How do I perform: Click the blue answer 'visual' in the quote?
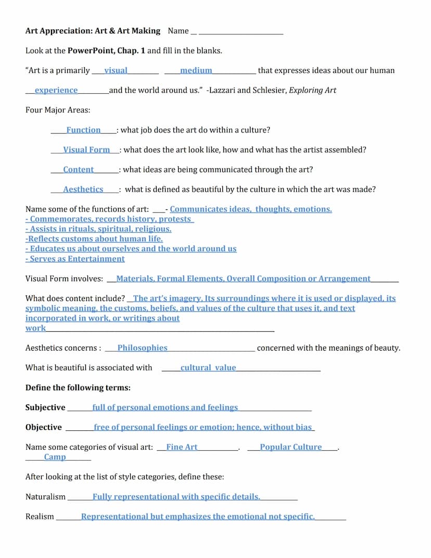point(116,70)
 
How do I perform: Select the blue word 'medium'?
point(196,70)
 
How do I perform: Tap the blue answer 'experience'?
point(56,90)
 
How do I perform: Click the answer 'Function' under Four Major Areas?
point(83,130)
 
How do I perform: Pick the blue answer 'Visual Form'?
point(86,150)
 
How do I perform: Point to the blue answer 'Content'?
point(78,169)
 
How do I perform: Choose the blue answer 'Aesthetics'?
point(83,189)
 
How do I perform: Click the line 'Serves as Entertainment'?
point(76,259)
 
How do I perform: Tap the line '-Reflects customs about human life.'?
point(94,239)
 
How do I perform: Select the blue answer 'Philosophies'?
point(142,348)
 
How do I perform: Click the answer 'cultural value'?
point(208,367)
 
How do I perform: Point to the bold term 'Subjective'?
point(45,407)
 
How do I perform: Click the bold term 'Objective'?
point(43,427)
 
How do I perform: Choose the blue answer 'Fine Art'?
point(182,447)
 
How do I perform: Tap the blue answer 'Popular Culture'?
point(290,447)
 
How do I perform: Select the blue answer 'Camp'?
point(55,457)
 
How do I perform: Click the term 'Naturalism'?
point(45,497)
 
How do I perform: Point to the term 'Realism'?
point(40,516)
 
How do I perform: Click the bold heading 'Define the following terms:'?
point(78,388)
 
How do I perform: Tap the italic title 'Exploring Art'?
point(312,90)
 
